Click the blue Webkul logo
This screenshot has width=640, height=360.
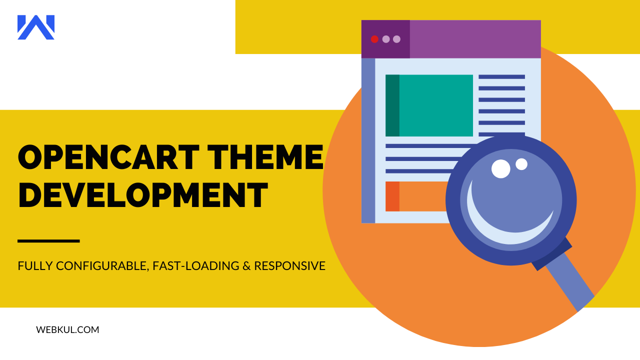pos(36,27)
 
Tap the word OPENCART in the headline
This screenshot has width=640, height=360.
pos(108,157)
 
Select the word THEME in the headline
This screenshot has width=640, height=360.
pos(265,157)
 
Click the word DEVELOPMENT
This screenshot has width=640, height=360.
pos(143,195)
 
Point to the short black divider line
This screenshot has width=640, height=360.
pos(48,241)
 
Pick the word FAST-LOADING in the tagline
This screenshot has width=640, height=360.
pos(195,265)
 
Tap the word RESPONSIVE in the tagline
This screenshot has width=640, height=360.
pos(289,265)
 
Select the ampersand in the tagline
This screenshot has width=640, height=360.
pos(246,265)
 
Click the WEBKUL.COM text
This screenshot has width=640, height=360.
pos(67,329)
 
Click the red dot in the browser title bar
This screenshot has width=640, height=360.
pos(374,39)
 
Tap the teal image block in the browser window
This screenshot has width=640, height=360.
pos(429,105)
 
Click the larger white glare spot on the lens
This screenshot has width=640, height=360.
pos(500,169)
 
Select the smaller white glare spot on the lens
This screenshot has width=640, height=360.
pos(521,164)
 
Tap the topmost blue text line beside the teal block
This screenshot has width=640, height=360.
pos(501,77)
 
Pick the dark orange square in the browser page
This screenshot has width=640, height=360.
pos(392,196)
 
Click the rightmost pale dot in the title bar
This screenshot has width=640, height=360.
pos(396,39)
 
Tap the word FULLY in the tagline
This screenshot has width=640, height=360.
pos(35,265)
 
